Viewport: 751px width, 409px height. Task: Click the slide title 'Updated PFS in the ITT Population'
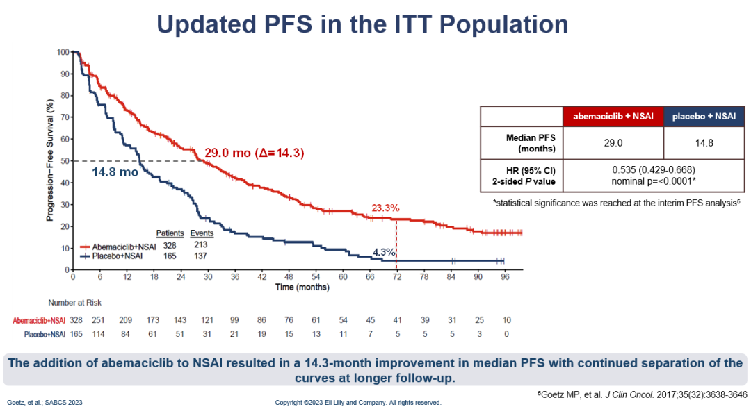coord(362,24)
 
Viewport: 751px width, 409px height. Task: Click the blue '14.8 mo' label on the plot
coord(115,172)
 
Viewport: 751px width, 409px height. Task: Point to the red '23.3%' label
coord(385,207)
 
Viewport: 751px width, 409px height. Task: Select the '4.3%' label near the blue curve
coord(384,253)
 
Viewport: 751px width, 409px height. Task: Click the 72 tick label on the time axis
coord(396,276)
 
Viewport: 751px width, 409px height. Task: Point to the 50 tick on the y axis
coord(65,161)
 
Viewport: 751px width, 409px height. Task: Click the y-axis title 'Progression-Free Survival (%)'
coord(50,161)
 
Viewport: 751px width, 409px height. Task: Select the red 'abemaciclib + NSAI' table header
coord(613,117)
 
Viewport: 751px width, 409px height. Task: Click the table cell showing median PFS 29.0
coord(613,143)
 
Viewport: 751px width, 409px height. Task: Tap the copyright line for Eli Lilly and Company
coord(358,402)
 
